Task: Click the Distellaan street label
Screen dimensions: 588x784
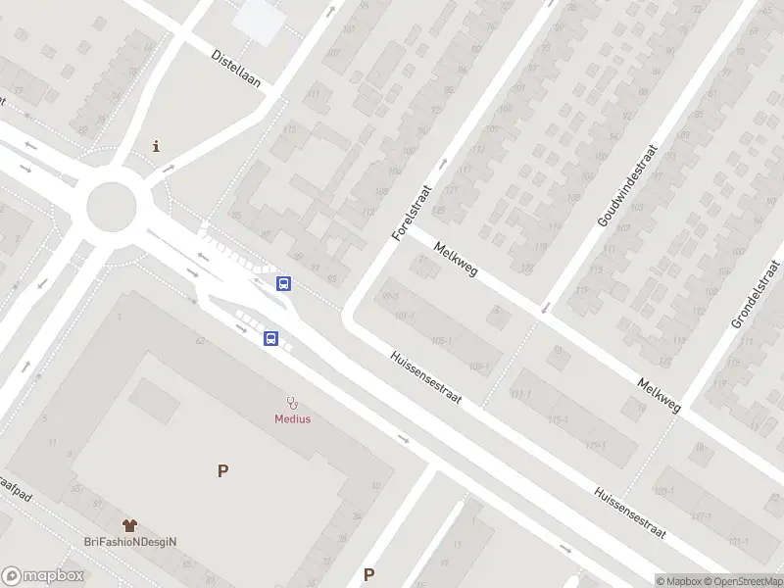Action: point(236,68)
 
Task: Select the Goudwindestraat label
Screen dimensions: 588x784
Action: point(627,188)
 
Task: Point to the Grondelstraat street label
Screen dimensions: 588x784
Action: point(756,294)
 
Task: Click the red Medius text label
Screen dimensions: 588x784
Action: point(292,419)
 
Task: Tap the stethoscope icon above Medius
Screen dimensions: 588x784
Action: point(292,403)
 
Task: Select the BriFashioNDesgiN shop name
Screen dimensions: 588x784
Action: point(135,542)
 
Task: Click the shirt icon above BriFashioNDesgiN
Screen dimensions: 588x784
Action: point(129,526)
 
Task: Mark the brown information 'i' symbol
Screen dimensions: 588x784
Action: point(156,147)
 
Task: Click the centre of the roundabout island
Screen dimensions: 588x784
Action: point(111,207)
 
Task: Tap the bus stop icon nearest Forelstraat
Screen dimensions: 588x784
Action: point(284,284)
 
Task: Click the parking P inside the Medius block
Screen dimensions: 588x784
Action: point(223,471)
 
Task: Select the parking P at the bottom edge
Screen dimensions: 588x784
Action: point(369,575)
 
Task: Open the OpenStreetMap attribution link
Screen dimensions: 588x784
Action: point(739,581)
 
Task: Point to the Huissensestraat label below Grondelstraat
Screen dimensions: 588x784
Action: point(630,514)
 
